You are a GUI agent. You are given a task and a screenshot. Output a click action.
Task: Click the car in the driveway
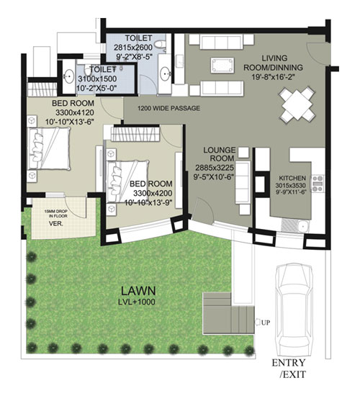[294, 310]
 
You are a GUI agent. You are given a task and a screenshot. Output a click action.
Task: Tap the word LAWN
[138, 291]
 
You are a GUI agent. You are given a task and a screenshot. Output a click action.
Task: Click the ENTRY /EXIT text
[289, 369]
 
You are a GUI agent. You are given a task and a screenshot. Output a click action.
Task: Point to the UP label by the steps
[266, 323]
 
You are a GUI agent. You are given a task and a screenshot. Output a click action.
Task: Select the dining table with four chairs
[297, 105]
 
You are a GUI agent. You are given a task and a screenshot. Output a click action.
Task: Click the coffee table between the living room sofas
[222, 65]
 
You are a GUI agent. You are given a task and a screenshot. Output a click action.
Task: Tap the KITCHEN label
[292, 178]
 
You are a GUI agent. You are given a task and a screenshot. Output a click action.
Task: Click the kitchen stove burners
[318, 184]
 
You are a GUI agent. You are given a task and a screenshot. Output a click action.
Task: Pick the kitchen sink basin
[302, 225]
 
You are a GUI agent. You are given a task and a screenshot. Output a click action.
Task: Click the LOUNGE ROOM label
[220, 154]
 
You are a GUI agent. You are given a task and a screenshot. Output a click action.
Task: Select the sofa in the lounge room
[243, 182]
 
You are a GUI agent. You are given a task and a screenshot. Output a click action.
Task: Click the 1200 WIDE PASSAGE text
[168, 108]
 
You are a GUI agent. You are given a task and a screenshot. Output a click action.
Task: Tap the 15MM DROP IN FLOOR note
[56, 214]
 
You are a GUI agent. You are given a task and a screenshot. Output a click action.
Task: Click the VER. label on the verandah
[56, 223]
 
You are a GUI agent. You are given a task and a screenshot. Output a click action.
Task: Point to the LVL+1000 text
[137, 302]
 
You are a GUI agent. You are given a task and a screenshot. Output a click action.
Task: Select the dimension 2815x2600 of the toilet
[133, 48]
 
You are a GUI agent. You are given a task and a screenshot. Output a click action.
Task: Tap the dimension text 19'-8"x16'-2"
[274, 76]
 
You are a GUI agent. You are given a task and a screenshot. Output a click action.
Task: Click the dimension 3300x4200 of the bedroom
[153, 193]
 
